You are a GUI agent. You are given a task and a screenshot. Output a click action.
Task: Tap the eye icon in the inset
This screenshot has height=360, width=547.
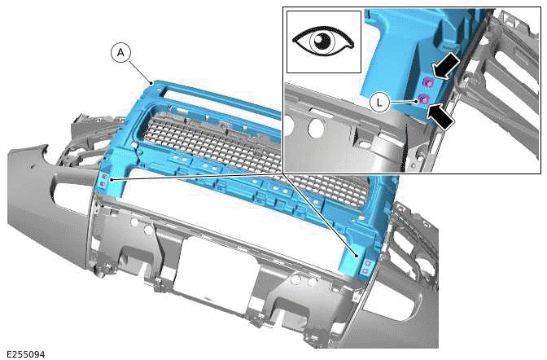(x=324, y=41)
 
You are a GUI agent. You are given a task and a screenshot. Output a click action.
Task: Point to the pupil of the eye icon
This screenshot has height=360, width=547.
(x=324, y=42)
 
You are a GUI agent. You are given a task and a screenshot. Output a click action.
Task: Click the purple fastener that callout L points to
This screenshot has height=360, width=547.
(x=423, y=99)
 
